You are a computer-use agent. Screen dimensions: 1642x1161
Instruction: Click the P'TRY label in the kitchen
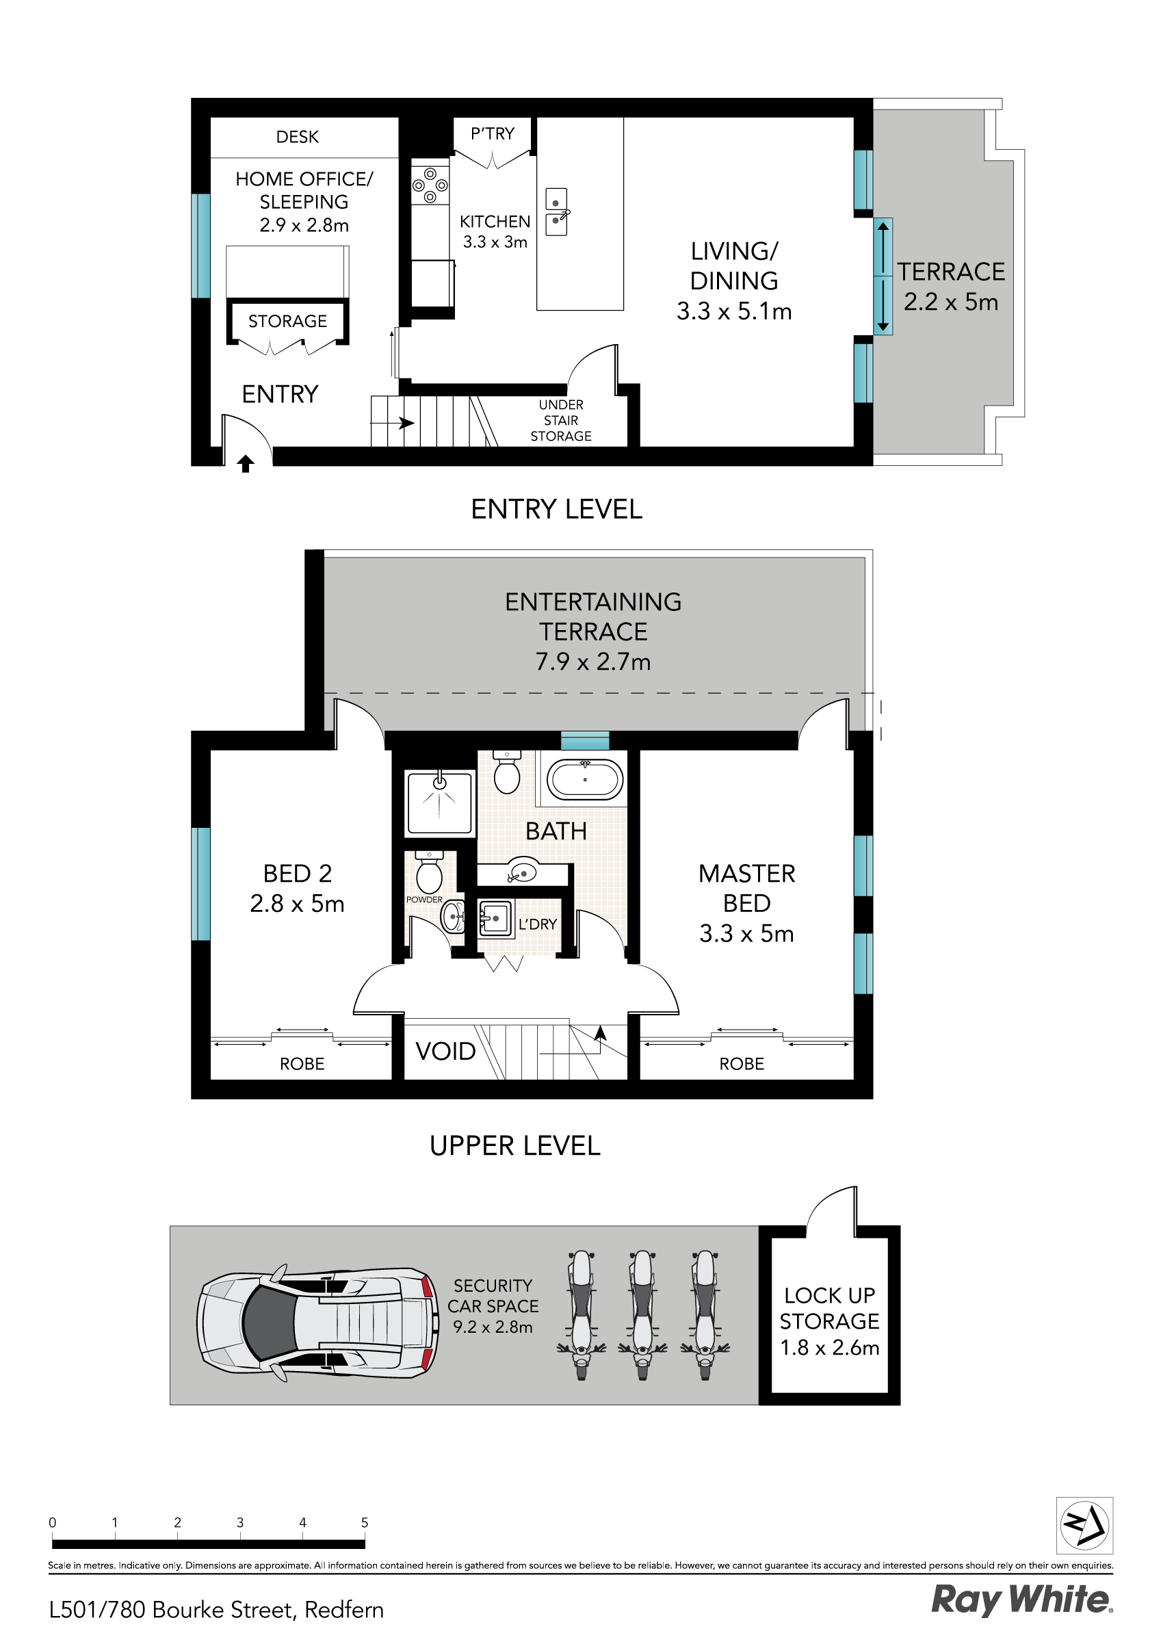pos(492,133)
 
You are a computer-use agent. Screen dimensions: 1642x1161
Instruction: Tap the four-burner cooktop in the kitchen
pos(430,185)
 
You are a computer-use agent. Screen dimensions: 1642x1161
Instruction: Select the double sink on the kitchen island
pos(556,212)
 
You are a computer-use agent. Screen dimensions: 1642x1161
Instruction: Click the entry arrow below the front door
pos(246,464)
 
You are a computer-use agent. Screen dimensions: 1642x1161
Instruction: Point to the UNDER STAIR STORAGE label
pos(561,421)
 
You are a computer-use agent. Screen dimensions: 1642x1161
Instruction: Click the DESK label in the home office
pos(297,137)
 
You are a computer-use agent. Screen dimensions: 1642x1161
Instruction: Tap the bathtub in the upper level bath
pos(584,779)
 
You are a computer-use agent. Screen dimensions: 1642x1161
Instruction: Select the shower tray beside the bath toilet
pos(440,803)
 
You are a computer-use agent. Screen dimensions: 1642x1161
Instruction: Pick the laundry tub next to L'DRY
pos(495,918)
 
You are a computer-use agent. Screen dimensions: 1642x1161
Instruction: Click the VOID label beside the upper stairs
pos(445,1052)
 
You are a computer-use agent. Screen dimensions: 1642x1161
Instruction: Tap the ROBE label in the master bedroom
pos(741,1063)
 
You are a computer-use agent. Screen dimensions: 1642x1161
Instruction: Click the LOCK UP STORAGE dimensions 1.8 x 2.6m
pos(829,1347)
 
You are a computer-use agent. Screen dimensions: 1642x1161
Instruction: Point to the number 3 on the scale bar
pos(239,1522)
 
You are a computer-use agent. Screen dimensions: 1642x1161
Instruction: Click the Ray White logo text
pos(1021,1599)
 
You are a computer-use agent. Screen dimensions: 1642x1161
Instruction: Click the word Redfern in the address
pos(344,1610)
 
